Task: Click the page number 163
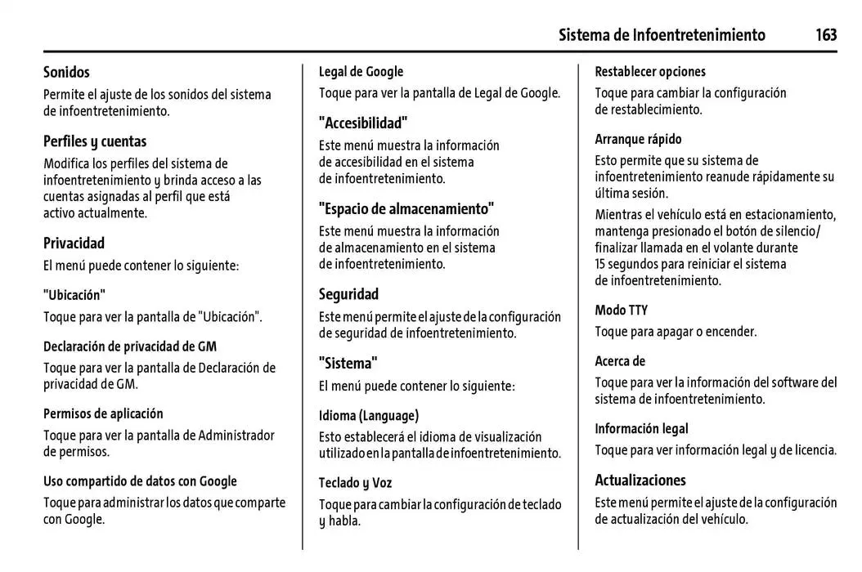tap(825, 34)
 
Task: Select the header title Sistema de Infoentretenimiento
tap(662, 34)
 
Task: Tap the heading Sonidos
tap(66, 73)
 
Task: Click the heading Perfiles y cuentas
tap(95, 141)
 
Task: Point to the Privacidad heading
tap(74, 243)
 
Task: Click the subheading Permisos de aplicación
tap(103, 413)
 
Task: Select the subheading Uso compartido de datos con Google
tap(140, 481)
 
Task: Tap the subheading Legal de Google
tap(361, 72)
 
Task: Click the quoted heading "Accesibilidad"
tap(362, 123)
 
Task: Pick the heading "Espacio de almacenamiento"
tap(406, 208)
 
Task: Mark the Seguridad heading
tap(348, 293)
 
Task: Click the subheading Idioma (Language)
tap(368, 415)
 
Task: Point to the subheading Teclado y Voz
tap(355, 483)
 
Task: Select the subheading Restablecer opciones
tap(649, 72)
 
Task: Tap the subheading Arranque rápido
tap(638, 139)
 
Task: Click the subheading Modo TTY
tap(621, 310)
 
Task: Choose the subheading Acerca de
tap(620, 360)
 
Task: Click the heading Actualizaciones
tap(640, 480)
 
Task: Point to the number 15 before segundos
tap(602, 264)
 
